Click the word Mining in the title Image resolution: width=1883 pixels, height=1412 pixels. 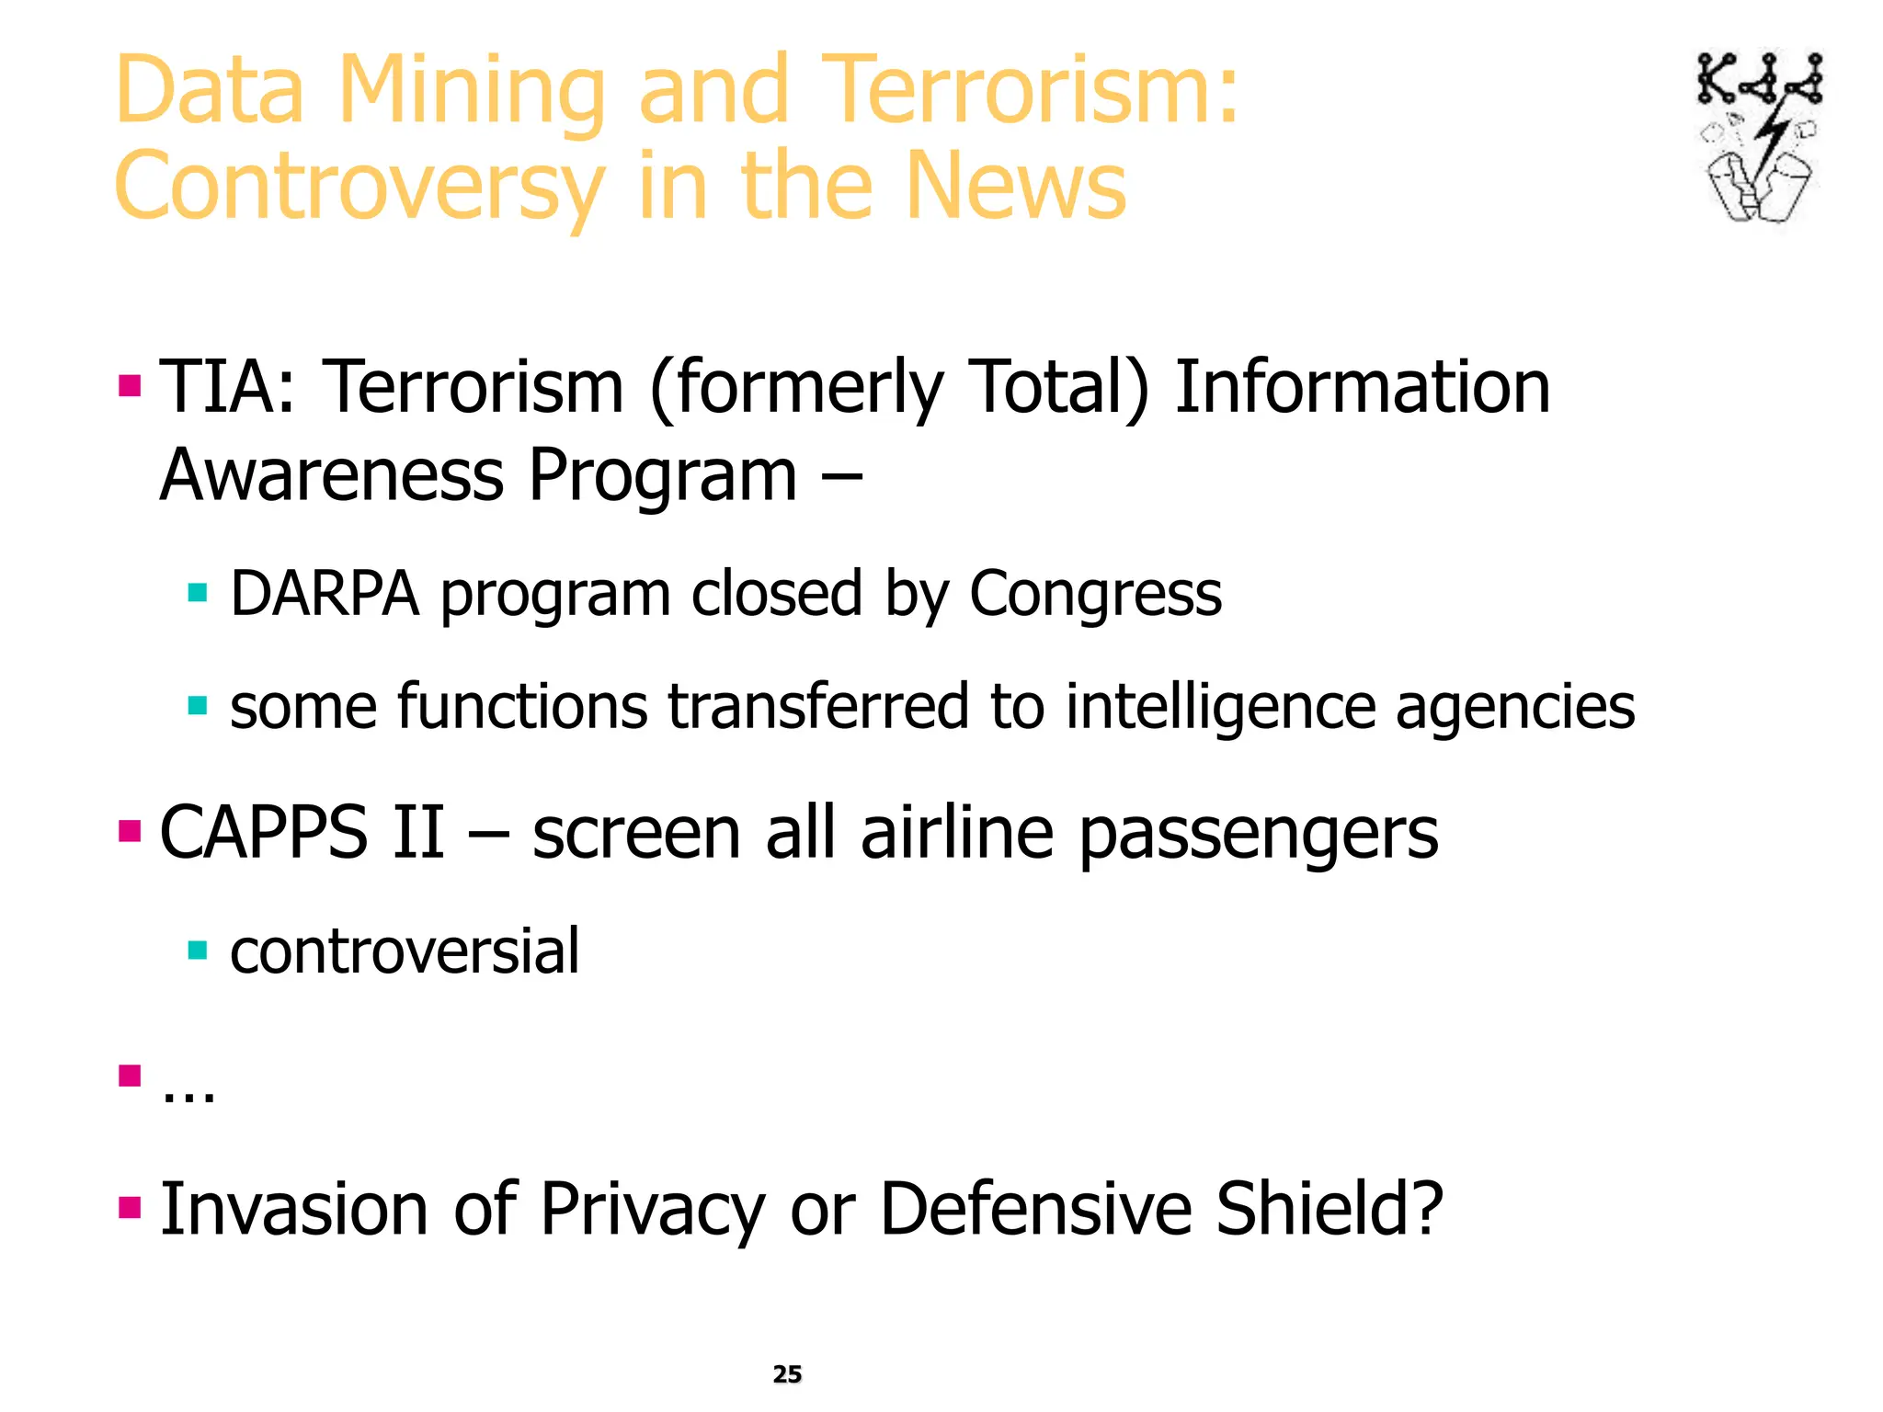coord(471,91)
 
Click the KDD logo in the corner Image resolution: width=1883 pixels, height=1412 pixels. coord(1759,138)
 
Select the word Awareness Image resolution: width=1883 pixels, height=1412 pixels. coord(332,475)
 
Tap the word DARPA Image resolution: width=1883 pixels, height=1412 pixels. coord(325,594)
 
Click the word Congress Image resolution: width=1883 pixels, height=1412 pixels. coord(1095,596)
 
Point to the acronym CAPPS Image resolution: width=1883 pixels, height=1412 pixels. coord(263,833)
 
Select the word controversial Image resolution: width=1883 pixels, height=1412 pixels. coord(405,951)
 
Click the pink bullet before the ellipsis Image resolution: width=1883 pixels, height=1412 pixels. coord(130,1075)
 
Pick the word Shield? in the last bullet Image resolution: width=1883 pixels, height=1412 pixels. coord(1330,1209)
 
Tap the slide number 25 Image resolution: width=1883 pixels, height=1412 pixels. coord(787,1374)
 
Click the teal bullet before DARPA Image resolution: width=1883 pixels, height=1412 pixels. coord(197,592)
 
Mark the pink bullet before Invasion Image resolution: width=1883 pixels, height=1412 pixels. coord(130,1206)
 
